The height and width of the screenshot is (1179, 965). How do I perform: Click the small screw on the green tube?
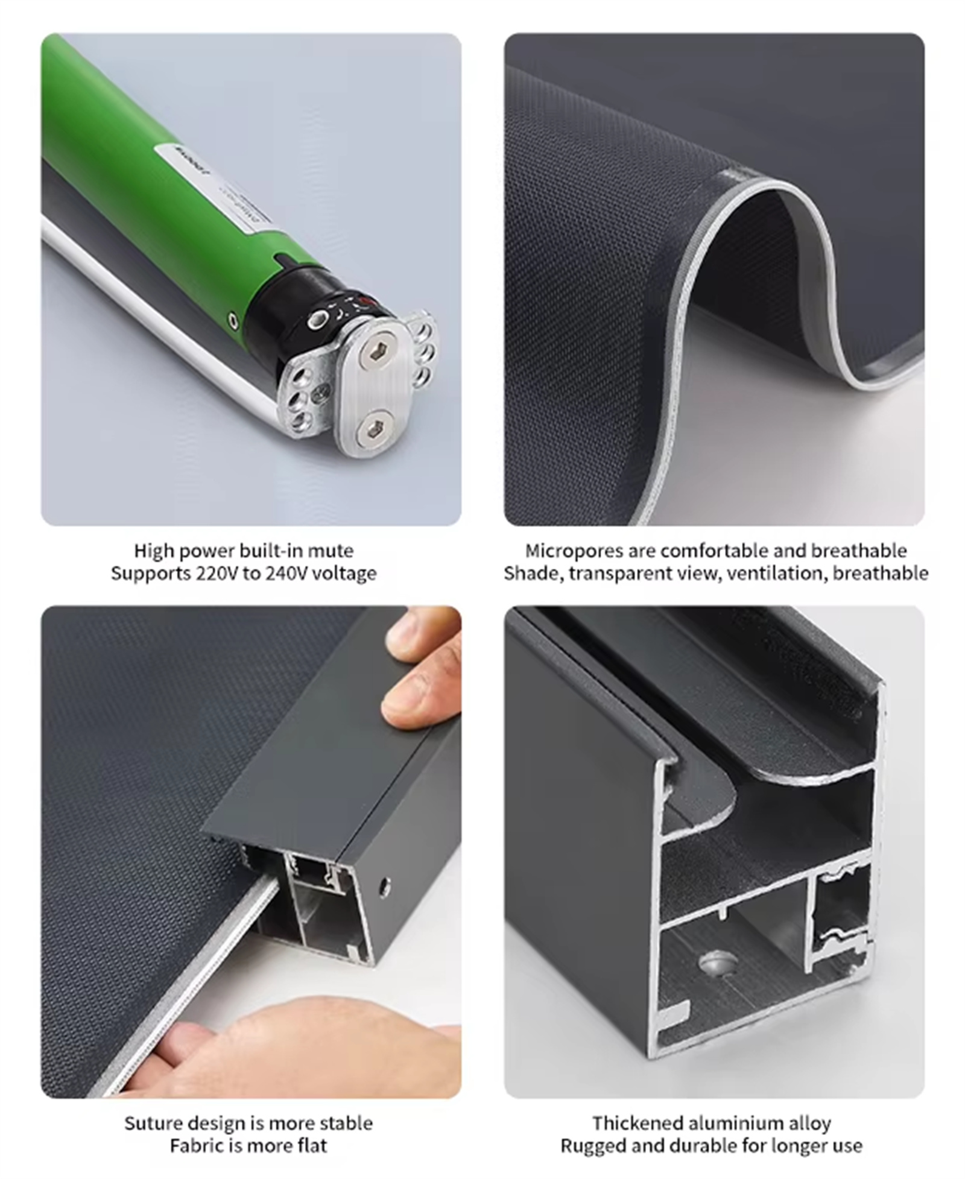[x=233, y=320]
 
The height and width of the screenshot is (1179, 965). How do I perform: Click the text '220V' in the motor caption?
[x=215, y=573]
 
